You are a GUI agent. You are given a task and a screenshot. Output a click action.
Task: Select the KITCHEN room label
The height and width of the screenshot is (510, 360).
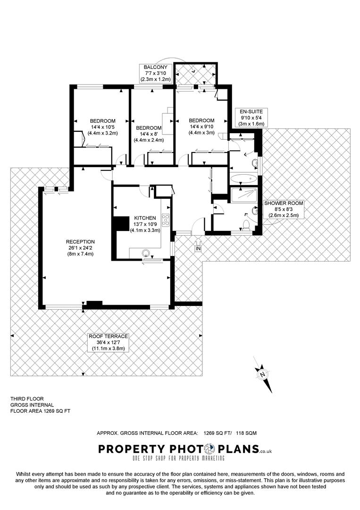[x=145, y=218]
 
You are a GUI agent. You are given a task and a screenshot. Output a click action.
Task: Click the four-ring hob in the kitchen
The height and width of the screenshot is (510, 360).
[x=166, y=220]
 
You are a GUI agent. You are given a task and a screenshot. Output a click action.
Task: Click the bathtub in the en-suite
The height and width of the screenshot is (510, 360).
[x=243, y=179]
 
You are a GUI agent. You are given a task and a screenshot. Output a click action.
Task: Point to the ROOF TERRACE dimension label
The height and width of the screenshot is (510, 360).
[x=108, y=342]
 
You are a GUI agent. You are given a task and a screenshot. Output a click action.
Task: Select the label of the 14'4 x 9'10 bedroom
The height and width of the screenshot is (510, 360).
[x=201, y=127]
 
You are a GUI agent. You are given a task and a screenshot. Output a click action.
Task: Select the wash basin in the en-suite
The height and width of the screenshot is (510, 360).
[x=254, y=163]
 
